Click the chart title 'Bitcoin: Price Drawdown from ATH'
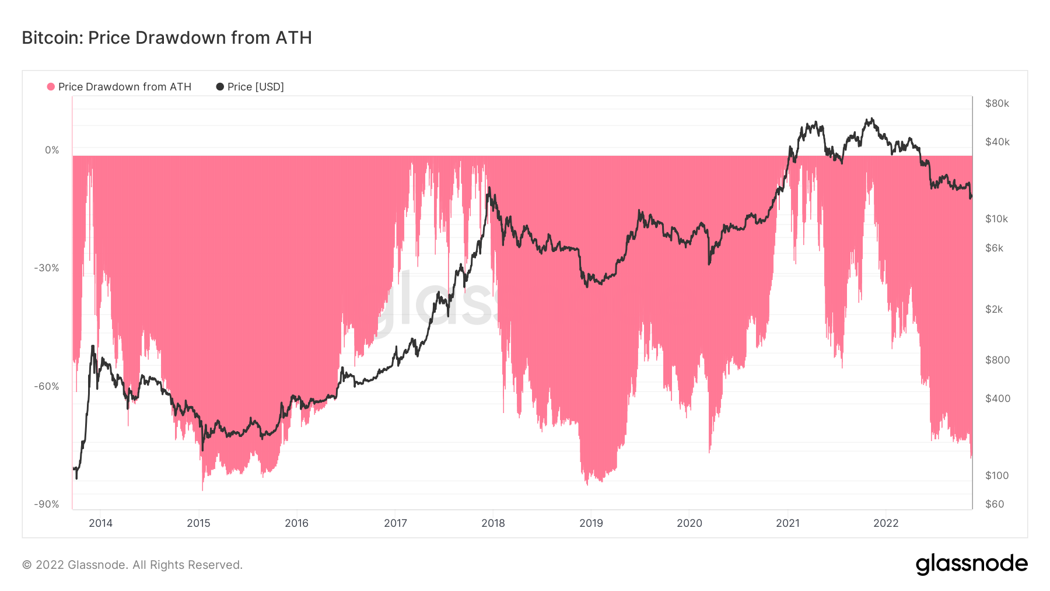[x=167, y=38]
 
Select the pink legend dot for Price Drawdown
[x=51, y=87]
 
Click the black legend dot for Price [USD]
[x=220, y=87]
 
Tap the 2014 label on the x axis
[x=100, y=523]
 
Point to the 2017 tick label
[x=395, y=523]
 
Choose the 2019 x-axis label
[x=591, y=523]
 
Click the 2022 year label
[x=885, y=523]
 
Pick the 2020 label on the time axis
[x=689, y=523]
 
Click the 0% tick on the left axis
[x=52, y=151]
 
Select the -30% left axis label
[x=47, y=268]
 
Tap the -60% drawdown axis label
[x=47, y=387]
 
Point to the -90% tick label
[x=47, y=505]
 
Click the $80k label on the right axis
[x=997, y=104]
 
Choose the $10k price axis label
[x=996, y=219]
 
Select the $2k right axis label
[x=994, y=310]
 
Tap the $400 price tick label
[x=998, y=399]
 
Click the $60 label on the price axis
[x=995, y=505]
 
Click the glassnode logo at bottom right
[x=971, y=564]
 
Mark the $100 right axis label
[x=997, y=476]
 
